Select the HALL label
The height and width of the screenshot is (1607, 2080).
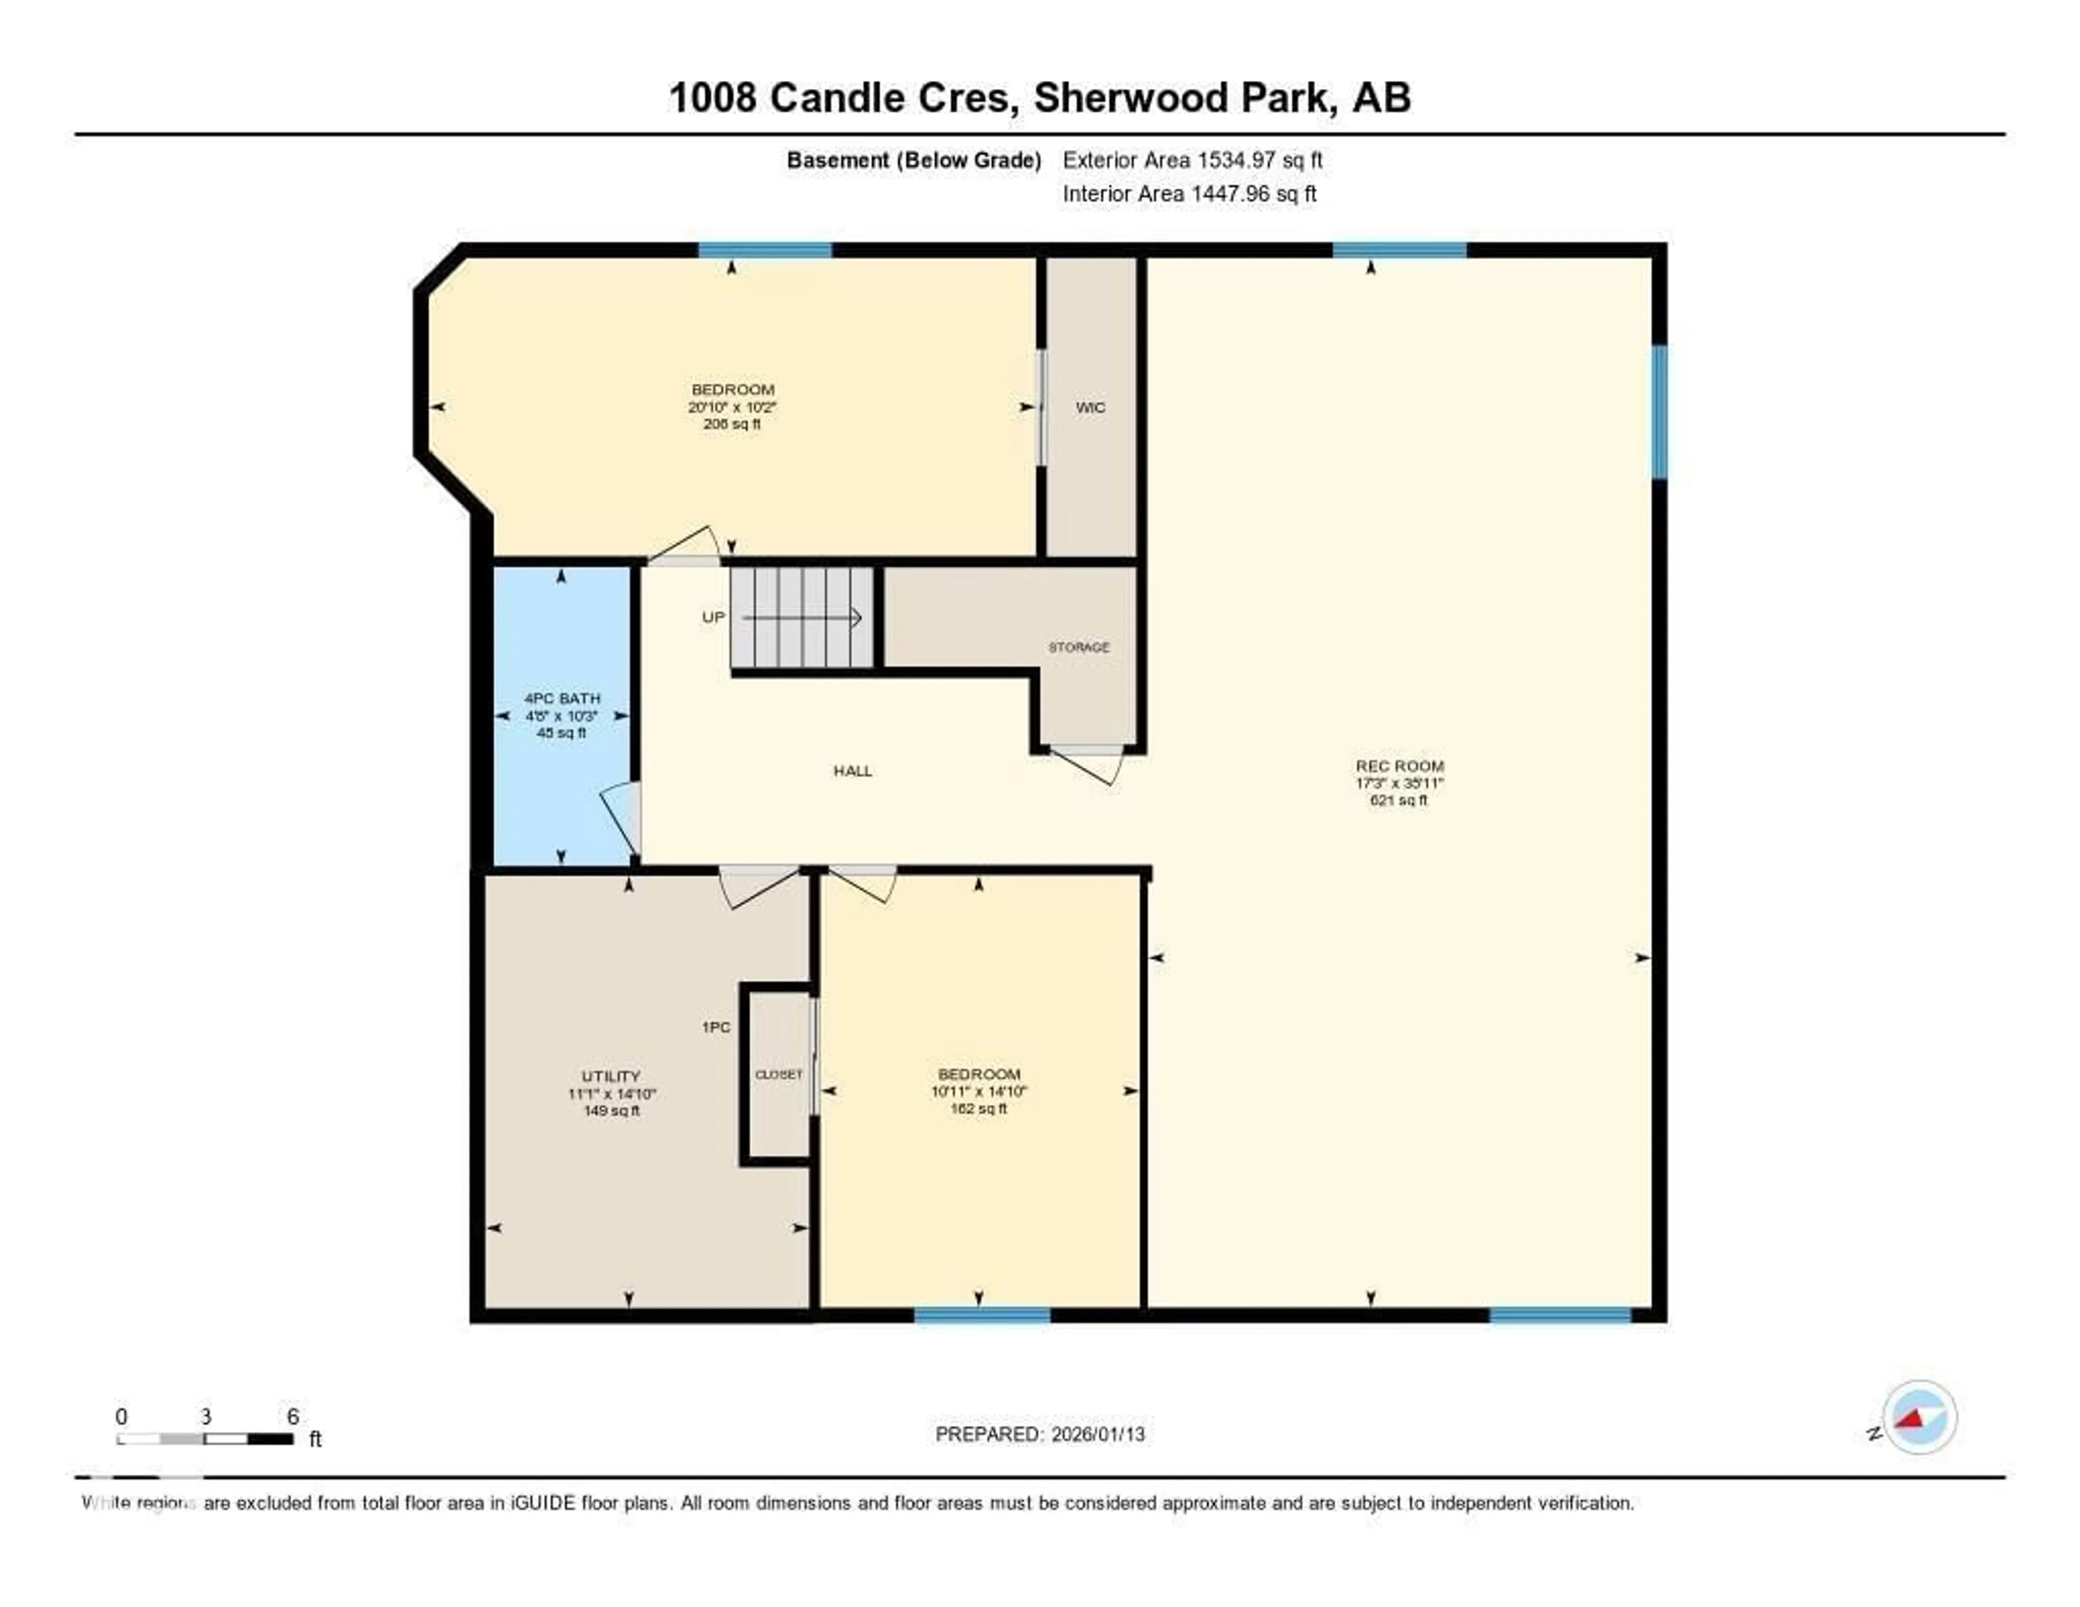853,770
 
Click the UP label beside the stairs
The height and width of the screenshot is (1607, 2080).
713,617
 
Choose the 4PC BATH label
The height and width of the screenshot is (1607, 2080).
562,698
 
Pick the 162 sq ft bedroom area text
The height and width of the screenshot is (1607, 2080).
978,1109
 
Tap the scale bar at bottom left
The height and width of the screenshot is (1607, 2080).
205,1438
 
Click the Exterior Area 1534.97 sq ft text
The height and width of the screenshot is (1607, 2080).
1192,160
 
